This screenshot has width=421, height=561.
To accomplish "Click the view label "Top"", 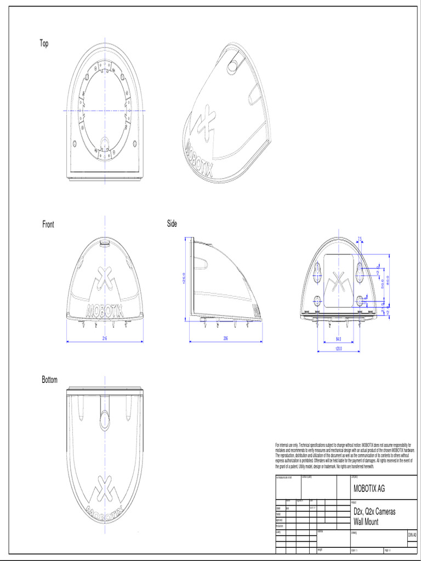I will coord(44,44).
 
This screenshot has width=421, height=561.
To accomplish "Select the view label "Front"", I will coord(48,225).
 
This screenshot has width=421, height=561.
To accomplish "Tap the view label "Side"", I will coord(172,224).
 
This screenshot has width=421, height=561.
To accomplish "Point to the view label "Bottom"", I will coord(49,380).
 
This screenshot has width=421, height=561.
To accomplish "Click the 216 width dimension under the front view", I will coord(104,339).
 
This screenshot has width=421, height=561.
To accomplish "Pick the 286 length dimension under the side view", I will coord(225,339).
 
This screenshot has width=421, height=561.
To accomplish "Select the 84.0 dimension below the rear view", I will coord(338,339).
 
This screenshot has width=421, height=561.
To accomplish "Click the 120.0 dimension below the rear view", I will coord(338,348).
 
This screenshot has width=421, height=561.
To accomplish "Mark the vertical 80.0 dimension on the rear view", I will coord(387,280).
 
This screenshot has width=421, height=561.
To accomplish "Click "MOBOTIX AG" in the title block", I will coord(369,488).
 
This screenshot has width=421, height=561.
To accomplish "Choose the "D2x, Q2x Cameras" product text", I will coord(374,512).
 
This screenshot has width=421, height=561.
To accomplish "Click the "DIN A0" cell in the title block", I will coord(412,535).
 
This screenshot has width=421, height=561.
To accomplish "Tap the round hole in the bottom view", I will coord(104,419).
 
